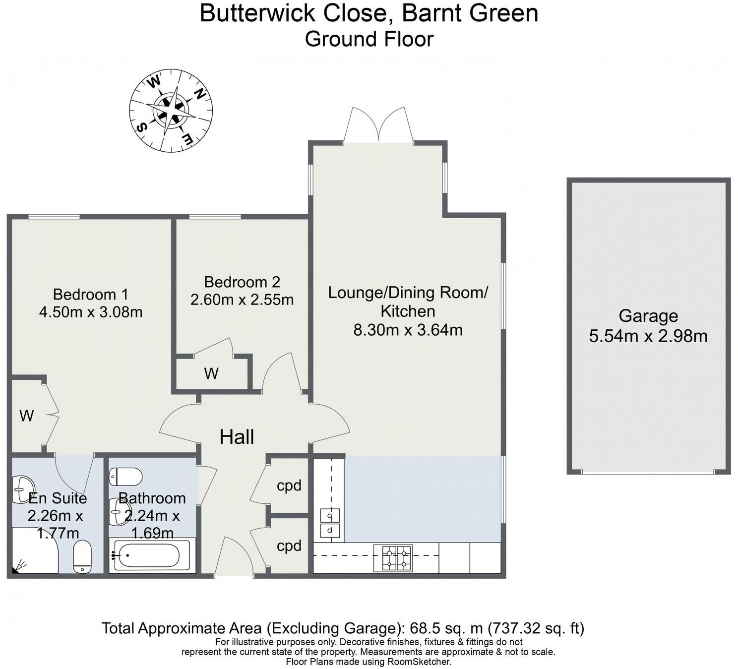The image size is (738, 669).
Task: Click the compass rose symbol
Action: pyautogui.click(x=171, y=110)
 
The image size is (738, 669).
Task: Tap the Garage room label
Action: pyautogui.click(x=648, y=316)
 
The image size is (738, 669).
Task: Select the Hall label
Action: pyautogui.click(x=237, y=437)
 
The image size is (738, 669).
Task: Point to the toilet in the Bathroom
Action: pyautogui.click(x=126, y=477)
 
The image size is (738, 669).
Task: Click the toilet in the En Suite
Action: pyautogui.click(x=82, y=556)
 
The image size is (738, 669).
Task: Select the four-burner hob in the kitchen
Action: pyautogui.click(x=396, y=557)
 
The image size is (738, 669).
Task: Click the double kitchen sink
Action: pyautogui.click(x=329, y=523)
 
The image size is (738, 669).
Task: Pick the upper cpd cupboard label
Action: pyautogui.click(x=289, y=486)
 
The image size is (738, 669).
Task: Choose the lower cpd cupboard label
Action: pyautogui.click(x=289, y=546)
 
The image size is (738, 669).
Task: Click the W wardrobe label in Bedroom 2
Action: pyautogui.click(x=211, y=373)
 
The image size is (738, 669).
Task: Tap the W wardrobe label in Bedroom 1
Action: pyautogui.click(x=26, y=416)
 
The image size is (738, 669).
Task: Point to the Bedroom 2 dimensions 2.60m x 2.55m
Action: pyautogui.click(x=242, y=300)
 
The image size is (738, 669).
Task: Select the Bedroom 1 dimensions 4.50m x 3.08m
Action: pyautogui.click(x=91, y=312)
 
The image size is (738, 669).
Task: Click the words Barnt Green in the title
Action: pyautogui.click(x=470, y=13)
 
